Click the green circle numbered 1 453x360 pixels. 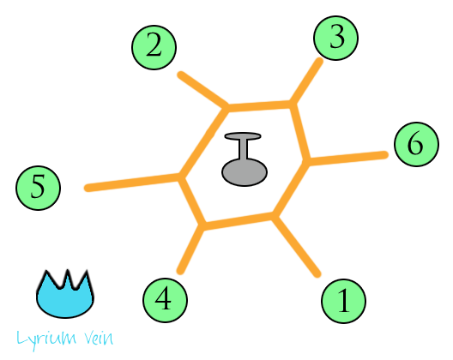click(344, 301)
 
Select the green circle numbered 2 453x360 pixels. click(154, 47)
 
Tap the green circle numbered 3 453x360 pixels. click(336, 38)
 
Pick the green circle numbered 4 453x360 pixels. click(165, 300)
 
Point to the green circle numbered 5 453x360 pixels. click(38, 188)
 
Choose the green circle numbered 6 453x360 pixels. click(417, 144)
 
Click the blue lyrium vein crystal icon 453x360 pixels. click(65, 294)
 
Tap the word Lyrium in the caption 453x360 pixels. click(46, 339)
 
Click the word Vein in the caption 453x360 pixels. click(99, 339)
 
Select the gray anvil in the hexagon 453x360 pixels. click(245, 159)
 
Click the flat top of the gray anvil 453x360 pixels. click(243, 136)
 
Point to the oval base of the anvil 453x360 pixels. click(245, 172)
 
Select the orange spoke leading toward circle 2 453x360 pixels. click(203, 89)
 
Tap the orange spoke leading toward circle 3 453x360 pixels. click(306, 81)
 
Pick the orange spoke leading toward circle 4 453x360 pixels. click(190, 249)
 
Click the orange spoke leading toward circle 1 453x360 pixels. click(297, 246)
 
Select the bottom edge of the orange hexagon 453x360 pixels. click(239, 221)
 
